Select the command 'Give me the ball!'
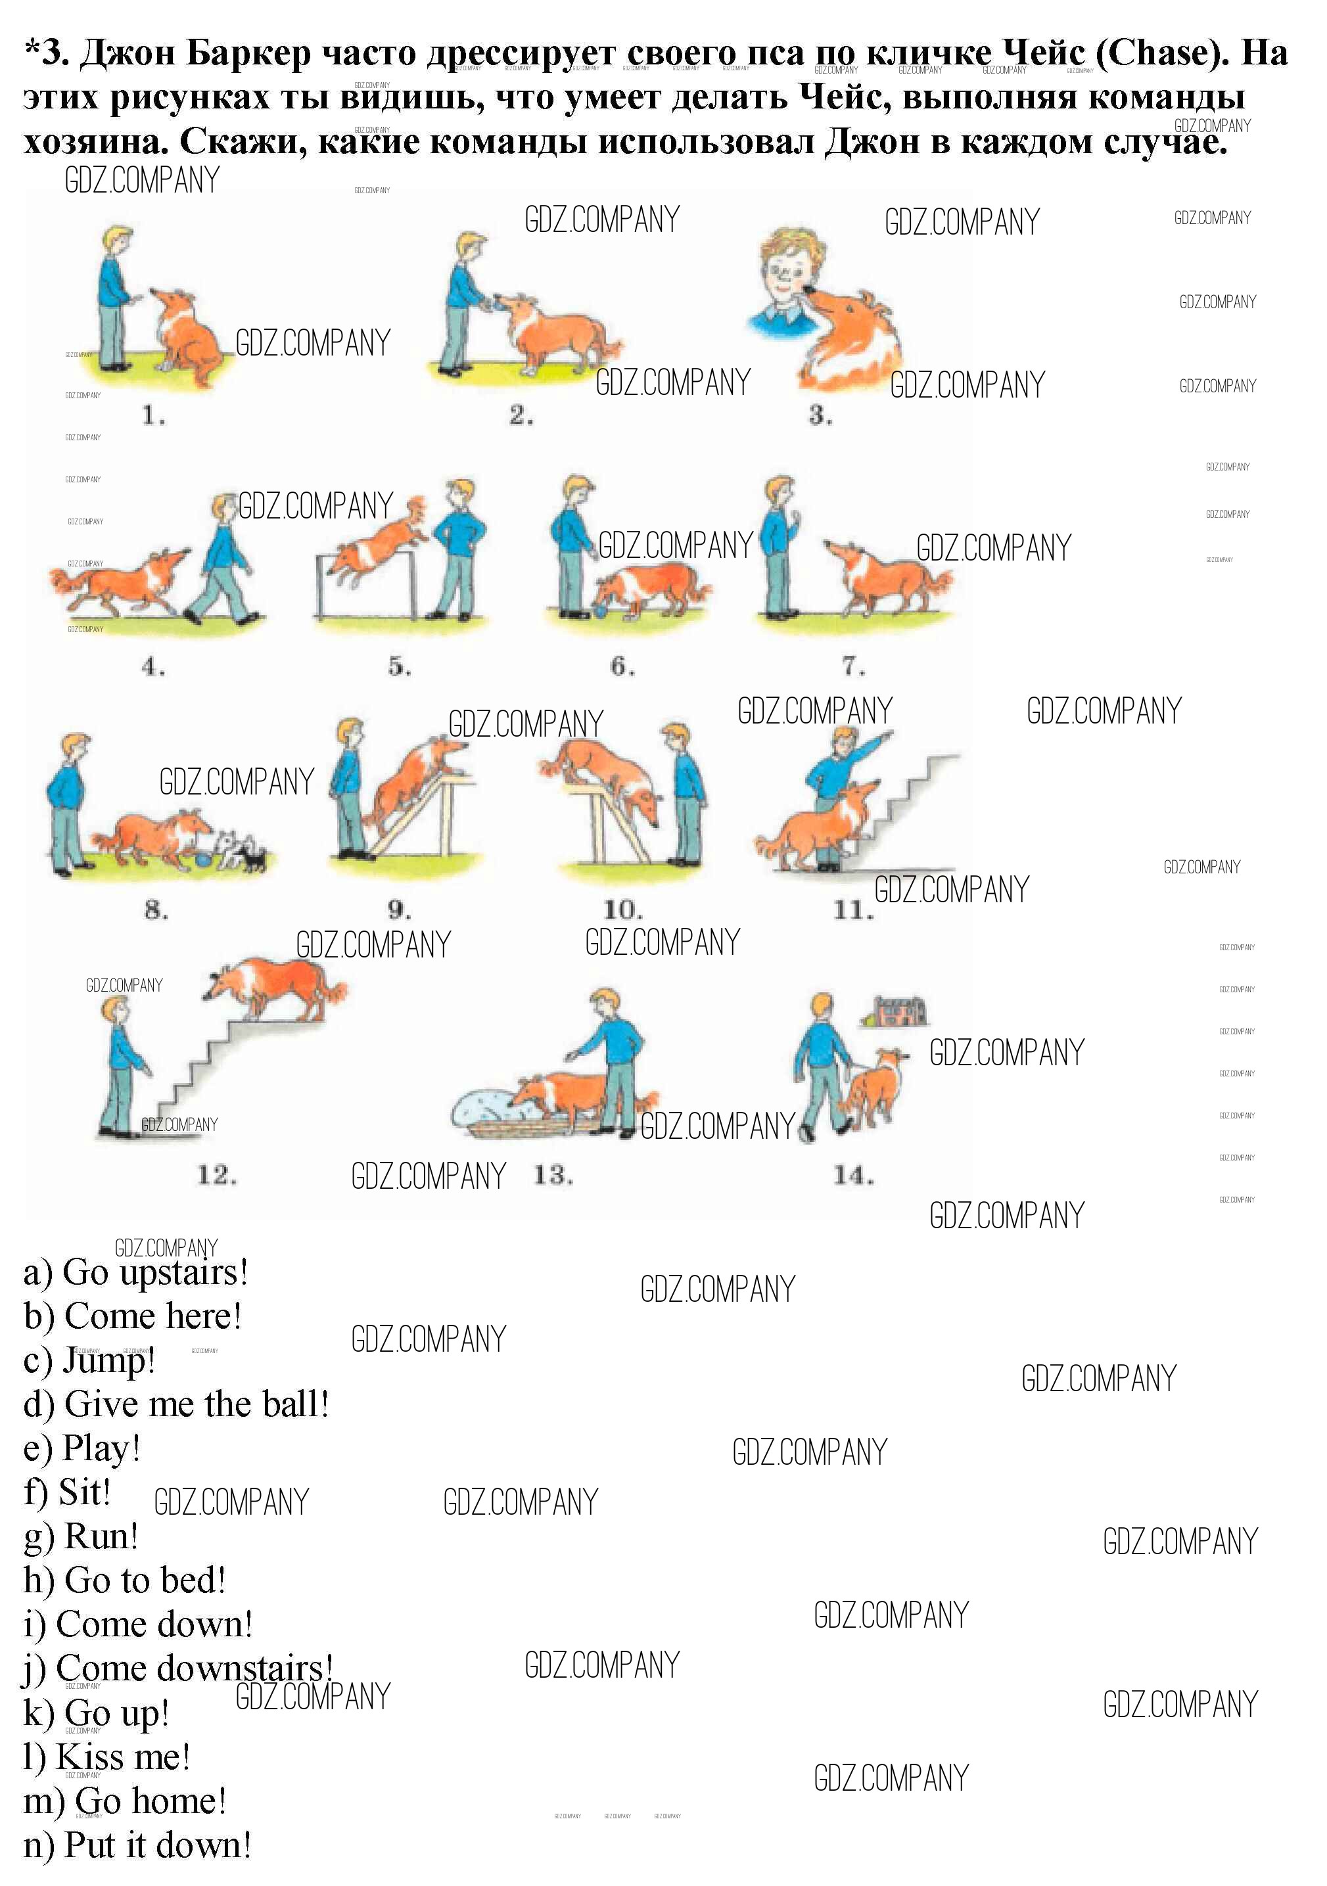(177, 1405)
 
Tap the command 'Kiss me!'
(107, 1758)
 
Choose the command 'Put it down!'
(137, 1846)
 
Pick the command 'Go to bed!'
(124, 1580)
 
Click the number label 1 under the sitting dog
(154, 415)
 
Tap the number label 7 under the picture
(854, 665)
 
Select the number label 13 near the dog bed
(553, 1176)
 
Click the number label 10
(623, 910)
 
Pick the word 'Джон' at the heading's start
(129, 53)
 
